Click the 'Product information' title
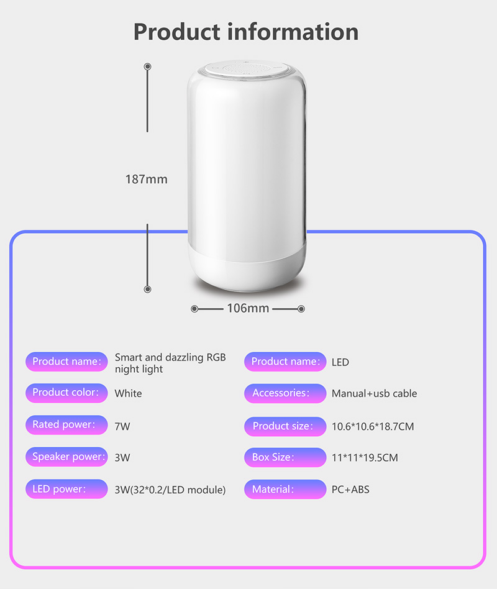pos(246,31)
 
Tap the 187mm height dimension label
pos(147,180)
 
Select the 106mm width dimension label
pos(248,308)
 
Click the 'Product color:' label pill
pos(66,393)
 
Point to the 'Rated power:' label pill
pos(66,425)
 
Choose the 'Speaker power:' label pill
pos(66,457)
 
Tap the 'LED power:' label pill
pos(66,489)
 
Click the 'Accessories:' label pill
pos(285,393)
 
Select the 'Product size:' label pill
pos(285,426)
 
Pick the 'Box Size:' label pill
pos(285,457)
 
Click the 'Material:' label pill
pos(285,490)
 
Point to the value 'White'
pos(128,393)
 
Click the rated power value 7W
pos(122,426)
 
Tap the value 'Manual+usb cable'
pos(374,393)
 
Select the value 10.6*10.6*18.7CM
pos(373,426)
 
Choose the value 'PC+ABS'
pos(350,490)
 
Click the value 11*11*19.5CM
pos(365,458)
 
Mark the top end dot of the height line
pos(147,66)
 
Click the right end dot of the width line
pos(301,308)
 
